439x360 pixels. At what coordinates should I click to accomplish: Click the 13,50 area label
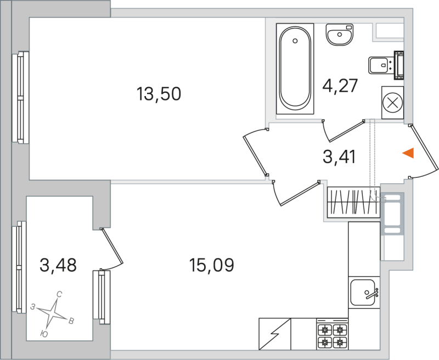tap(159, 94)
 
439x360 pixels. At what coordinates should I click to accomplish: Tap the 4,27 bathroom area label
tap(340, 86)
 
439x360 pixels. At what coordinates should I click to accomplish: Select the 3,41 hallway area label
tap(340, 157)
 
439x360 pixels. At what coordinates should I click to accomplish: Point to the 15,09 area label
tap(211, 266)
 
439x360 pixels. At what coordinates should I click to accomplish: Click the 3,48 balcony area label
tap(58, 266)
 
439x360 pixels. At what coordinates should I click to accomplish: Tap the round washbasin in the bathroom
tap(340, 36)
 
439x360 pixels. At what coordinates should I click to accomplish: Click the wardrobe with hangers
tap(352, 201)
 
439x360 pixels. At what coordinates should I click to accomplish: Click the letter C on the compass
tap(59, 295)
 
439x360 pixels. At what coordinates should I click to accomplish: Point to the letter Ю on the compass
tap(44, 333)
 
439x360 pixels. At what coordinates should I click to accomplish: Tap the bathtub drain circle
tap(295, 40)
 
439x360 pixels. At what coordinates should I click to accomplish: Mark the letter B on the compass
tap(71, 321)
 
